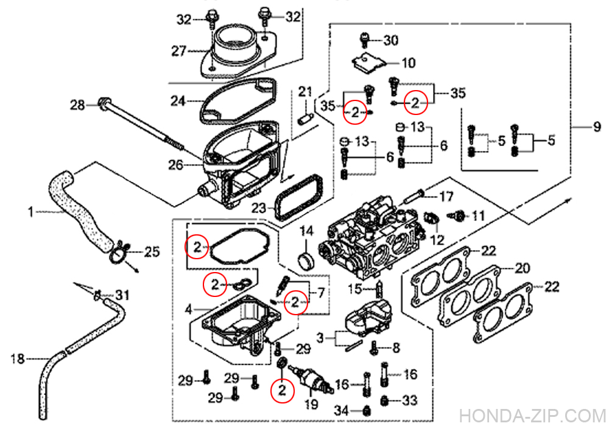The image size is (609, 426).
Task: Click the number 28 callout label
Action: (77, 105)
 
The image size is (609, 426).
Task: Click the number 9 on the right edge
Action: (597, 127)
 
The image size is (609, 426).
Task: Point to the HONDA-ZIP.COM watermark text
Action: (533, 416)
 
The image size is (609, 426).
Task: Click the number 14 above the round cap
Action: (306, 232)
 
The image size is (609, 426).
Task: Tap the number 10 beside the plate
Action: (408, 63)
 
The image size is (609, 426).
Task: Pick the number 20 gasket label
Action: (523, 268)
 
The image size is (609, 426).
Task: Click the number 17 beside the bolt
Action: (446, 197)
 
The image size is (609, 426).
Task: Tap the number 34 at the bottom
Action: (342, 410)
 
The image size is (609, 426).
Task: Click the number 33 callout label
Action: (409, 400)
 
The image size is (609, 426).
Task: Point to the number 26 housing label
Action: (175, 165)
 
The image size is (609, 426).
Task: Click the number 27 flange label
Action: (179, 51)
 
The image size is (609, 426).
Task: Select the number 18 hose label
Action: (18, 359)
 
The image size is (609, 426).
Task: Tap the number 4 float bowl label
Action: (188, 310)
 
